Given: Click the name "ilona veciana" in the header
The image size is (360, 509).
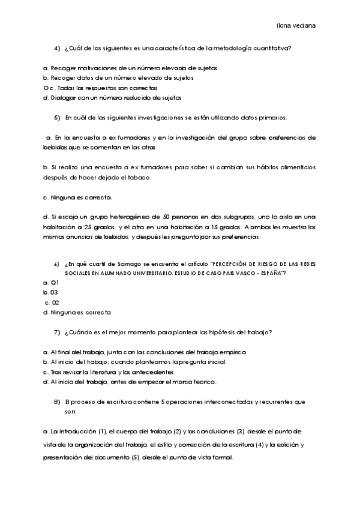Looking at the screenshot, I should [x=296, y=26].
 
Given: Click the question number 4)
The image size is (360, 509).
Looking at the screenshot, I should [x=58, y=48].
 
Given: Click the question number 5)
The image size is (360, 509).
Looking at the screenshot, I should [x=58, y=117].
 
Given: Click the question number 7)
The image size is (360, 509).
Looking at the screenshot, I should [x=58, y=332].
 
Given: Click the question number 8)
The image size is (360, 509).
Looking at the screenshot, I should [x=58, y=401].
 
